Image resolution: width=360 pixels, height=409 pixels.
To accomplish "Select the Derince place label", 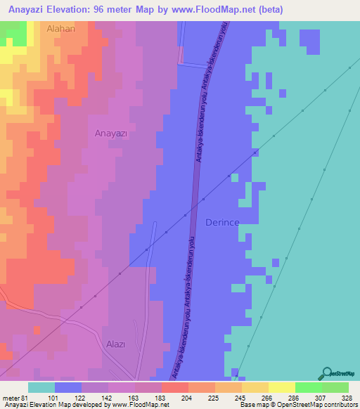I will [x=222, y=222].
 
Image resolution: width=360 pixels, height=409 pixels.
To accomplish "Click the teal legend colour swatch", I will [x=41, y=387].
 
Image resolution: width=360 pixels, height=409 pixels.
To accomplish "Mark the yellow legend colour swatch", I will [x=281, y=387].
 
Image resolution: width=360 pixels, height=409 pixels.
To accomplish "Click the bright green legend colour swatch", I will [x=308, y=387].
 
